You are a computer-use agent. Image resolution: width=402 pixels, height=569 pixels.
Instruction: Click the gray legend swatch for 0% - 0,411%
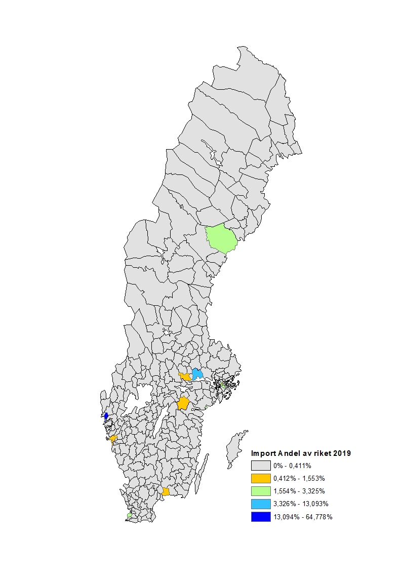[x=260, y=466]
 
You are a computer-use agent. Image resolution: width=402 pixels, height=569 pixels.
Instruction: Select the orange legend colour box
[x=260, y=478]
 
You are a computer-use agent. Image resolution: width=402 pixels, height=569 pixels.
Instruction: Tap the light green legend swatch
[x=260, y=491]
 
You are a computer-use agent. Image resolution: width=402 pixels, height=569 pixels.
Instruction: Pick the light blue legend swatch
[x=260, y=504]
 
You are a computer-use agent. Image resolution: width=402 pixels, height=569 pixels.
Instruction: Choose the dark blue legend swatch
[x=260, y=517]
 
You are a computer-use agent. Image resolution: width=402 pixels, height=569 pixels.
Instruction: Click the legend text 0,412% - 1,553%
[x=299, y=478]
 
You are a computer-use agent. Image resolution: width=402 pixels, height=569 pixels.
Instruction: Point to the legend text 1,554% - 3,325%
[x=299, y=491]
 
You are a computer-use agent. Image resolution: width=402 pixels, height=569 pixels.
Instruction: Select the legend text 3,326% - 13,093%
[x=301, y=504]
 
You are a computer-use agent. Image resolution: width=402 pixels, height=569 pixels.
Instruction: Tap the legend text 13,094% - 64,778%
[x=303, y=517]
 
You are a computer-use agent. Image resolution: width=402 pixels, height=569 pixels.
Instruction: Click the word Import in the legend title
[x=261, y=453]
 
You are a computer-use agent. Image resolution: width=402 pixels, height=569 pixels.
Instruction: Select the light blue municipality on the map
[x=197, y=374]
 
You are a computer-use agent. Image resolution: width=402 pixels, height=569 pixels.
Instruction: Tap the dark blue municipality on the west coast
[x=106, y=416]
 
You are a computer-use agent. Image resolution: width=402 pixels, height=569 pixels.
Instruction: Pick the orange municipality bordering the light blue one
[x=186, y=377]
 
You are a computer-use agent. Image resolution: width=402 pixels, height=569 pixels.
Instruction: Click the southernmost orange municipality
[x=166, y=491]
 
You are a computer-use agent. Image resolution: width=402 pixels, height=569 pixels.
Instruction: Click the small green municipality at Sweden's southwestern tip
[x=130, y=515]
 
